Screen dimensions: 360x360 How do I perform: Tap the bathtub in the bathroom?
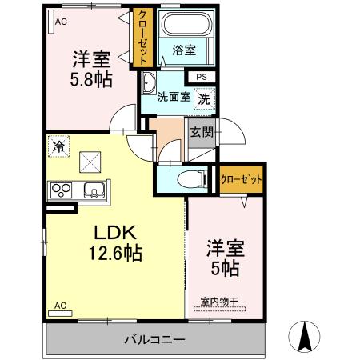coord(183,23)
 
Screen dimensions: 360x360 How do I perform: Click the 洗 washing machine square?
coord(205,99)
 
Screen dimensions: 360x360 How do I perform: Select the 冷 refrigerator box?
coord(58,146)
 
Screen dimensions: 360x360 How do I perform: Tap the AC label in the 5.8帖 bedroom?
coord(60,22)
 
